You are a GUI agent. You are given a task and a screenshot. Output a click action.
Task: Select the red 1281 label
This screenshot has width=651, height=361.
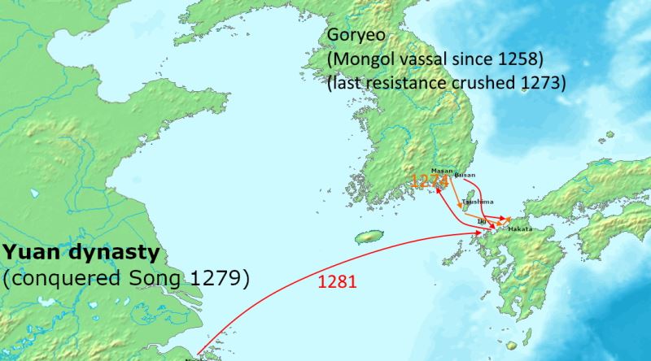[x=334, y=285]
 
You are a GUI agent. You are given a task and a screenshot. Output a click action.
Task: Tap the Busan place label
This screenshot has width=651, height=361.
[x=465, y=174]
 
